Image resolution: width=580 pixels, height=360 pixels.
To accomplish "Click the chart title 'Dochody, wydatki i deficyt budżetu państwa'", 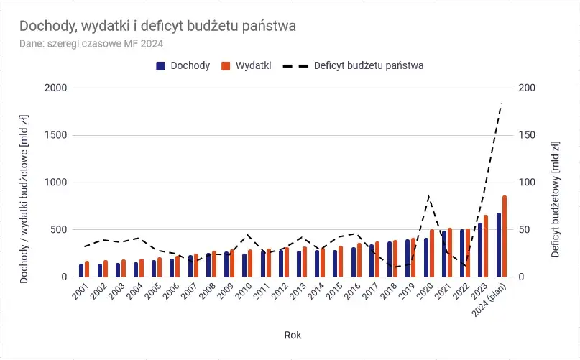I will pos(157,26).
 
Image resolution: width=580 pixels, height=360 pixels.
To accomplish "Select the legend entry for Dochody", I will pos(183,65).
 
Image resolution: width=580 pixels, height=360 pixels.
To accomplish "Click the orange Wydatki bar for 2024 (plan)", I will pos(505,236).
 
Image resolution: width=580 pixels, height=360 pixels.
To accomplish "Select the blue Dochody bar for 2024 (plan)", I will pos(499,245).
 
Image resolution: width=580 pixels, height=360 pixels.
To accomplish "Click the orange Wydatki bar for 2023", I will pos(486,246).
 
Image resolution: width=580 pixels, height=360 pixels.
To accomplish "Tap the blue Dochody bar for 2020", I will pos(426,257).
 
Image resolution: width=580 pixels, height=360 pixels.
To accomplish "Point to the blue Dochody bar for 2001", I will pos(81,270).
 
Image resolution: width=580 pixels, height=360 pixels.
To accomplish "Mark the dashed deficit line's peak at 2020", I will pos(429,195).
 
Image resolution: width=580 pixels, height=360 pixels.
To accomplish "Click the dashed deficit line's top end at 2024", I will pos(502,103).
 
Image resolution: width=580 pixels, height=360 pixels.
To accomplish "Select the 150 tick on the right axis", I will pos(528,135).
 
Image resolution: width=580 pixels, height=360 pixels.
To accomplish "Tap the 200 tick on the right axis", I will pos(528,88).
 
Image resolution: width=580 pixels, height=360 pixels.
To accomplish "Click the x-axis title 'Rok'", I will pos(293,334).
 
